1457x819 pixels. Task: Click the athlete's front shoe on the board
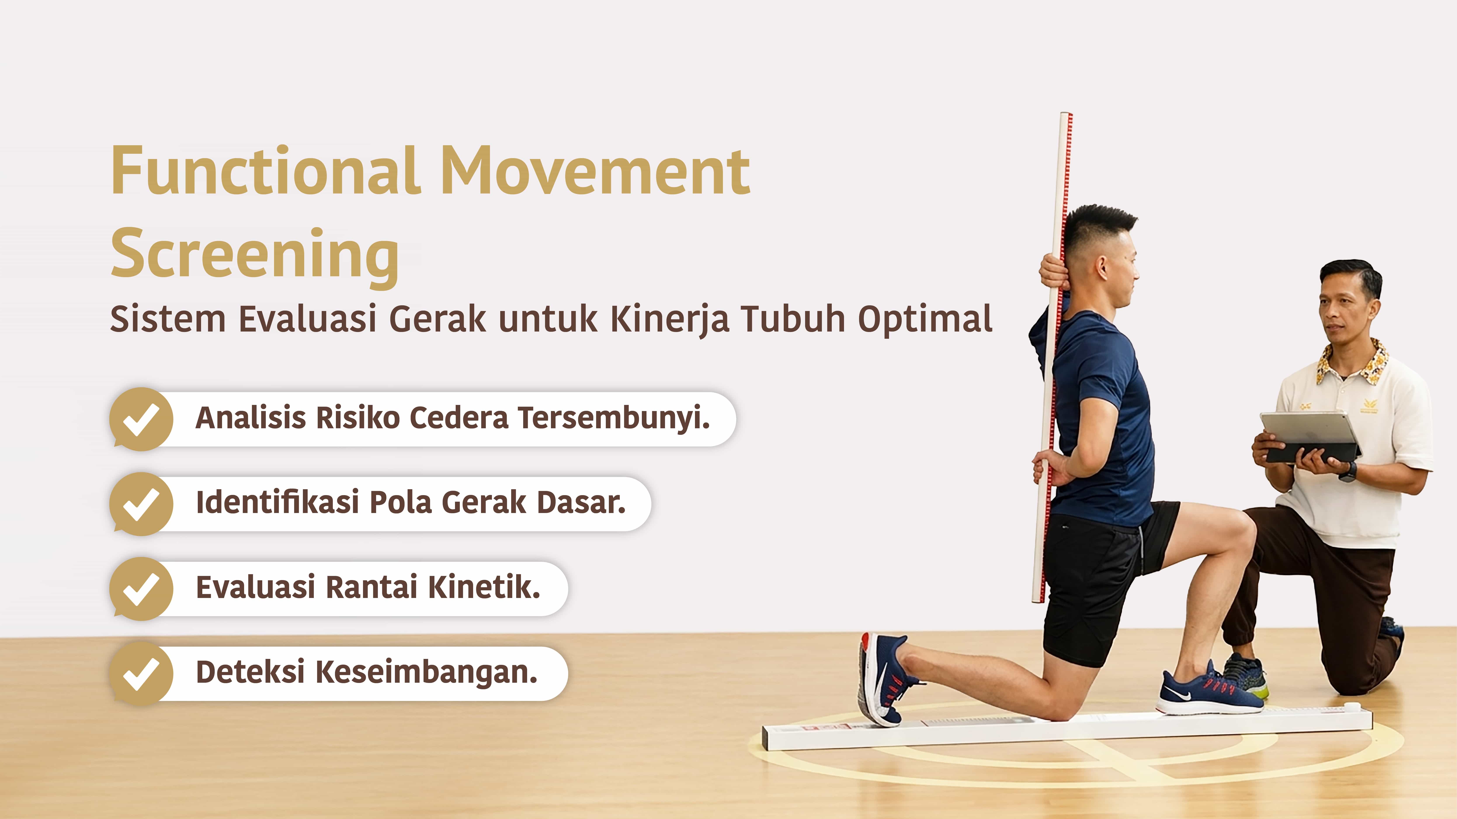[1209, 691]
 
